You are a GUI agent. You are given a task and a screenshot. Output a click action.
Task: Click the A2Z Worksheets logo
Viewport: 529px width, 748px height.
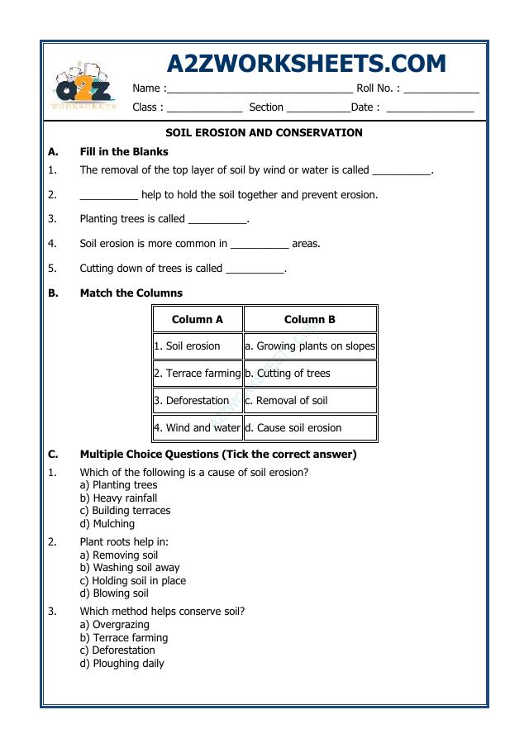(x=83, y=87)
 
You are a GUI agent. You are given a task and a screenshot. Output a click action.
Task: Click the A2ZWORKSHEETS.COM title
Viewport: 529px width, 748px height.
(x=306, y=64)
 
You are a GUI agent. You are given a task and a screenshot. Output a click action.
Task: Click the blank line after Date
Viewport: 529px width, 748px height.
(x=430, y=108)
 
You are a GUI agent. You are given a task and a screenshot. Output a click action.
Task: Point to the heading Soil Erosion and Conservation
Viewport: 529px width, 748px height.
(x=264, y=132)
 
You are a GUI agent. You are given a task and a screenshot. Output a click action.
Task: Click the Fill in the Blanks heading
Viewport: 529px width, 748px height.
(x=124, y=152)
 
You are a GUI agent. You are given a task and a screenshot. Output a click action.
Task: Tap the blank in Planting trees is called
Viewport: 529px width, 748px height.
(x=217, y=221)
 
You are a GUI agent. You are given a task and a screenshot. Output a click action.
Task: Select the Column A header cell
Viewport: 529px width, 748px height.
(x=198, y=319)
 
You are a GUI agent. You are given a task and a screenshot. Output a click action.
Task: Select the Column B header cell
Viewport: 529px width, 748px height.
(x=310, y=319)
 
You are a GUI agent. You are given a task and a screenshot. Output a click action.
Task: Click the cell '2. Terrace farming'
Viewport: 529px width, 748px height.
(x=198, y=374)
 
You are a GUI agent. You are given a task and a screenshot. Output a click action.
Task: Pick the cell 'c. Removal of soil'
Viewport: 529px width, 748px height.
(x=310, y=401)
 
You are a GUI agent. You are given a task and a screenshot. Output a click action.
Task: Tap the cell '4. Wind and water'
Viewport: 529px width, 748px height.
(x=198, y=428)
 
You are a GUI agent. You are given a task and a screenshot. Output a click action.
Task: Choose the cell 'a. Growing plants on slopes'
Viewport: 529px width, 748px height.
(x=310, y=346)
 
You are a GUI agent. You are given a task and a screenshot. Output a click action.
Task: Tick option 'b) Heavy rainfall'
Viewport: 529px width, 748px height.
(x=118, y=498)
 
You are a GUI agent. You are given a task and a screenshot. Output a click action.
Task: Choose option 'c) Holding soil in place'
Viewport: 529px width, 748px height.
(x=132, y=581)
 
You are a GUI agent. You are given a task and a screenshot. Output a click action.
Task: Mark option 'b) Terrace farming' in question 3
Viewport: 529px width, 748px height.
(x=123, y=638)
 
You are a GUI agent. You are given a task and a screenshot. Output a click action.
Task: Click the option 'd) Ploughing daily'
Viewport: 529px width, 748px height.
(x=122, y=664)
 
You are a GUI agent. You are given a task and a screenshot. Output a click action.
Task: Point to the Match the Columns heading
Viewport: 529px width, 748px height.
(x=131, y=293)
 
